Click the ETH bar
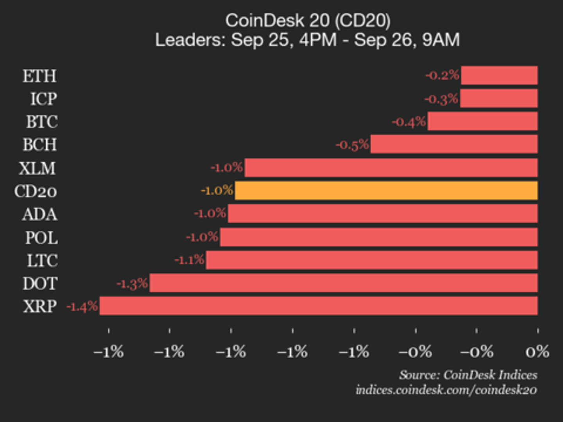tap(499, 75)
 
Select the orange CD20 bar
tap(386, 191)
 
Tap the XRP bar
tap(318, 306)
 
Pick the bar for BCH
tap(454, 144)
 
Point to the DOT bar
tap(343, 283)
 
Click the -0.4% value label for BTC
tap(409, 122)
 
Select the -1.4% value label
tap(82, 306)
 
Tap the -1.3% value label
tap(132, 284)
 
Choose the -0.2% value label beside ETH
tap(442, 75)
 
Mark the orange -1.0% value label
tap(217, 191)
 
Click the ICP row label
tap(44, 99)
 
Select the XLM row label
tap(38, 168)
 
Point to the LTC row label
tap(42, 261)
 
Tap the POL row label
tap(41, 238)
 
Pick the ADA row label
tap(40, 215)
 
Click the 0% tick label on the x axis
tap(537, 352)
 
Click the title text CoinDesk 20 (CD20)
tap(308, 20)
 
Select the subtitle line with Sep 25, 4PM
tap(308, 40)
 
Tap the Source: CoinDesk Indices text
tap(468, 375)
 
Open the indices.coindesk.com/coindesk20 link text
tap(446, 390)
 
